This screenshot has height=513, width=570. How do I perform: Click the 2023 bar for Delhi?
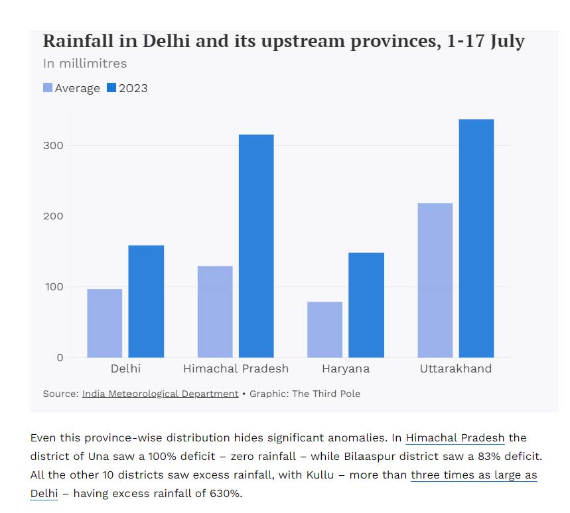pyautogui.click(x=146, y=302)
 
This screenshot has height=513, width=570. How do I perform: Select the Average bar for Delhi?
pyautogui.click(x=105, y=323)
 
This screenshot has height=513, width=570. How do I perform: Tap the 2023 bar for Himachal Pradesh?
pyautogui.click(x=256, y=246)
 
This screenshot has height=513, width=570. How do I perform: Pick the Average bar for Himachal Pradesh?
pyautogui.click(x=215, y=312)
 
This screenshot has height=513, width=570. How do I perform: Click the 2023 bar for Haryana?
pyautogui.click(x=366, y=305)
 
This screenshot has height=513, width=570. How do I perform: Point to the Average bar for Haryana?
pyautogui.click(x=325, y=329)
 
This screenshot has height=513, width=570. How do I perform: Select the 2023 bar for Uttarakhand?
pyautogui.click(x=476, y=239)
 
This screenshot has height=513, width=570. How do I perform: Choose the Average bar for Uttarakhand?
pyautogui.click(x=435, y=280)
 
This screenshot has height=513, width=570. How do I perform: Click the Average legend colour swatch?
pyautogui.click(x=48, y=87)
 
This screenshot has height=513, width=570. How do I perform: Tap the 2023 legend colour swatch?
pyautogui.click(x=111, y=87)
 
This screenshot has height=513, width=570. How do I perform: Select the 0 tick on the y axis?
pyautogui.click(x=60, y=358)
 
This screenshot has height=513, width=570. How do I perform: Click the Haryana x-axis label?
pyautogui.click(x=346, y=369)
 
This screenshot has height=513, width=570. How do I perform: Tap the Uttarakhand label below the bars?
pyautogui.click(x=456, y=369)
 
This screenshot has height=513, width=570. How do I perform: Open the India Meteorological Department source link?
pyautogui.click(x=160, y=394)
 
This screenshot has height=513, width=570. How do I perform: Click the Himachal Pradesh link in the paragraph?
pyautogui.click(x=455, y=438)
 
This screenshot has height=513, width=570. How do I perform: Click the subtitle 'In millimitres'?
pyautogui.click(x=85, y=64)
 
